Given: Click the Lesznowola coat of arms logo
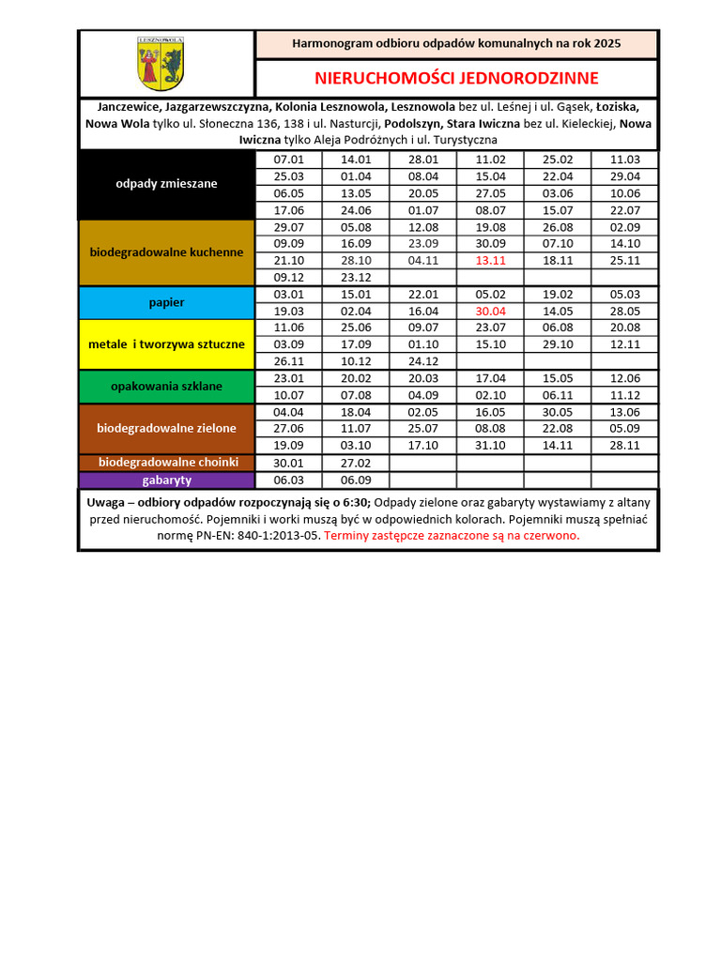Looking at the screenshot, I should [161, 63].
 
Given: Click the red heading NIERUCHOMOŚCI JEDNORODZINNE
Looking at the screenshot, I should [456, 77].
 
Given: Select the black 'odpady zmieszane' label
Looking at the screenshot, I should [166, 184].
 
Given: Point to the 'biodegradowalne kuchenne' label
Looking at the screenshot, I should [166, 252].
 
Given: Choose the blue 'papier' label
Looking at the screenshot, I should [166, 303].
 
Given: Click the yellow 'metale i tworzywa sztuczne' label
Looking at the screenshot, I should [166, 344].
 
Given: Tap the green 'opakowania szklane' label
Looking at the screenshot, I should [166, 386].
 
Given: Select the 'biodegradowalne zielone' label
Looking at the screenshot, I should [166, 428].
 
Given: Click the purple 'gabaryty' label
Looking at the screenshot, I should [167, 480].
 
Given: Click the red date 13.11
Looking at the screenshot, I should [490, 260].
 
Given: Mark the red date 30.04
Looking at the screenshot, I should [490, 311].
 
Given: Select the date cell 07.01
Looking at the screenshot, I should [288, 160].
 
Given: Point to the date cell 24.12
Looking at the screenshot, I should [423, 361].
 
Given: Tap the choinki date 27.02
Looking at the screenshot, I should [356, 463].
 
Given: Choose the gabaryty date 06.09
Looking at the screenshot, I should [356, 480].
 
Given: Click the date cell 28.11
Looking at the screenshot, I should [625, 446].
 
